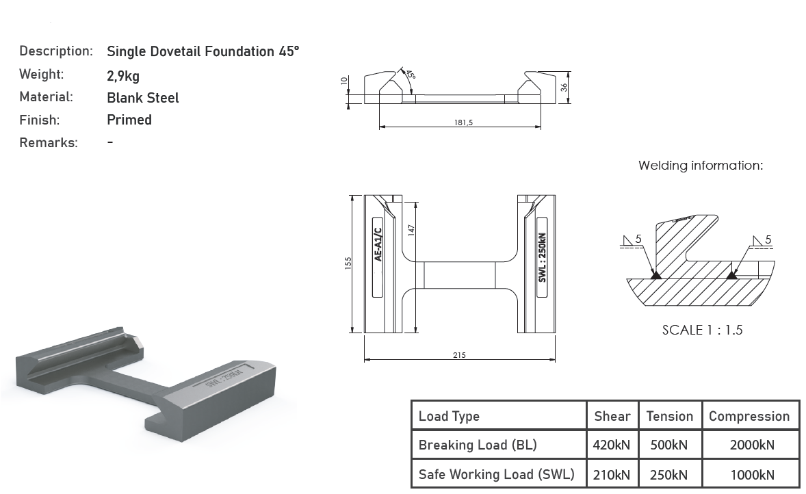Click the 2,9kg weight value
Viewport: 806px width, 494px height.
click(x=123, y=76)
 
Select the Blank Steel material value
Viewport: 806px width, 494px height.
click(x=143, y=98)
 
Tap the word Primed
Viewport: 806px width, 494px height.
click(x=129, y=120)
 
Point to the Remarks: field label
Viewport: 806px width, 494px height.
click(x=49, y=142)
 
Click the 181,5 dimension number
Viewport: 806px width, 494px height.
click(x=463, y=122)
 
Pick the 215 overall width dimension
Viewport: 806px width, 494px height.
click(x=459, y=354)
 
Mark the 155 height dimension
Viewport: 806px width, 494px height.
click(x=348, y=263)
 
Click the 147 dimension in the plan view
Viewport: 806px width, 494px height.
click(x=411, y=230)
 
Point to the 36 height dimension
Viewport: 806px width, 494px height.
click(x=564, y=88)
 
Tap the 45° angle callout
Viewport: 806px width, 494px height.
click(x=411, y=75)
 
